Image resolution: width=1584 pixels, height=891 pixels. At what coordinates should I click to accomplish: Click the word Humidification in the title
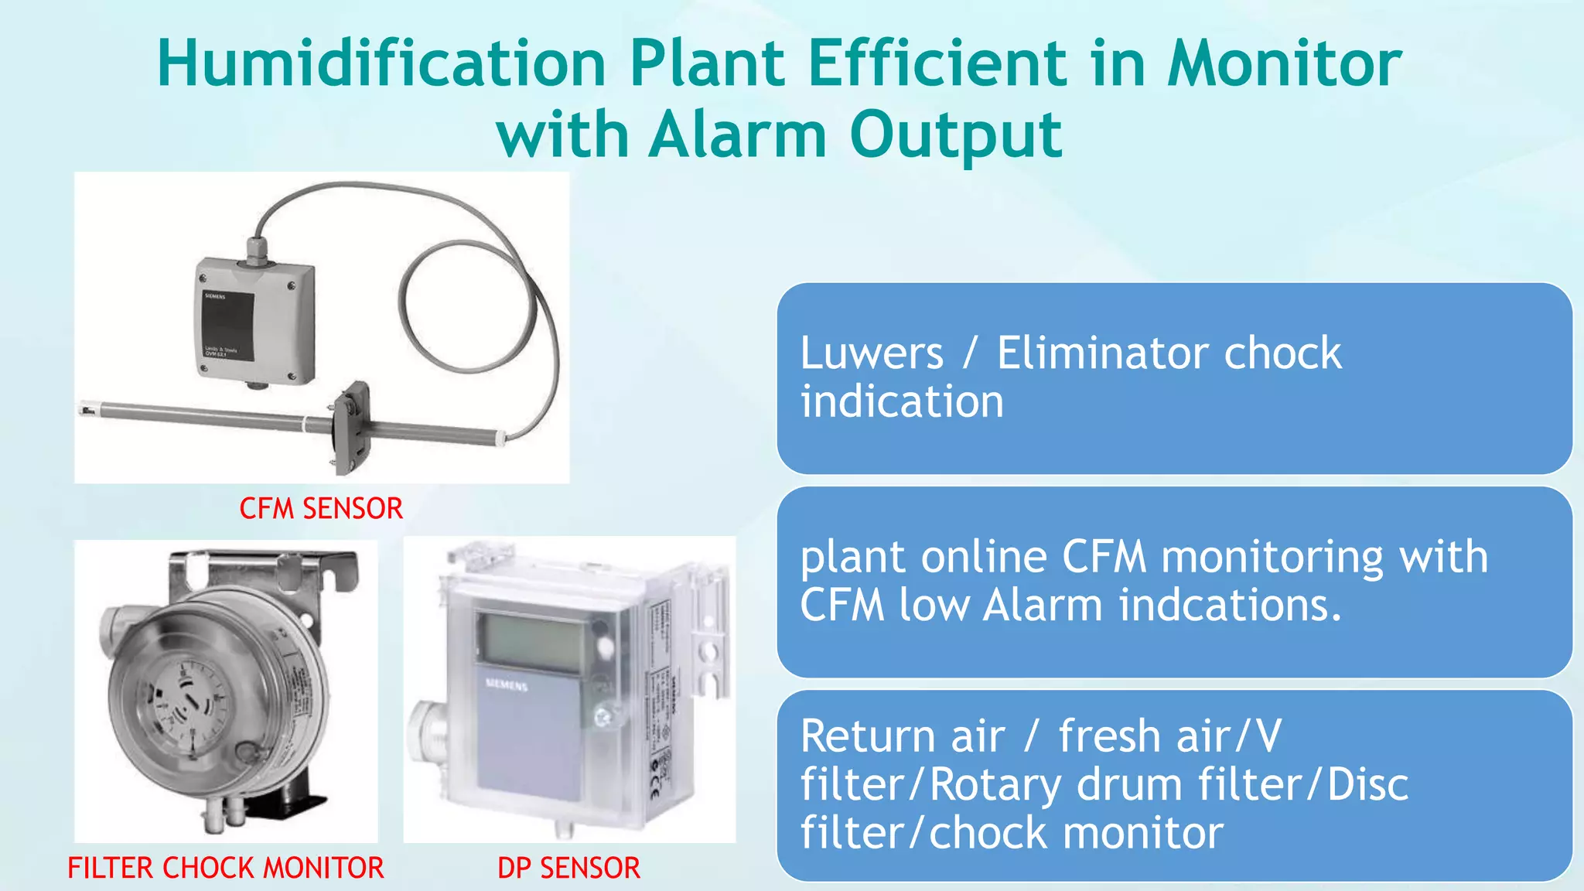tap(381, 63)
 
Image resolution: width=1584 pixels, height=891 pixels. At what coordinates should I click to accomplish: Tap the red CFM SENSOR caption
tap(321, 509)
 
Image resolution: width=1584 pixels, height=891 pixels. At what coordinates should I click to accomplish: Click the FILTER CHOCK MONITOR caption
tap(225, 868)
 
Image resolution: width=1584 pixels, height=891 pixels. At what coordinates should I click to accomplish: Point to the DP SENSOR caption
tap(568, 868)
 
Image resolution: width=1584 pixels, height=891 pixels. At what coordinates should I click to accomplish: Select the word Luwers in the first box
tap(872, 353)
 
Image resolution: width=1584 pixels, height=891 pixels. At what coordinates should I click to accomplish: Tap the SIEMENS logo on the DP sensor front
tap(507, 685)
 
